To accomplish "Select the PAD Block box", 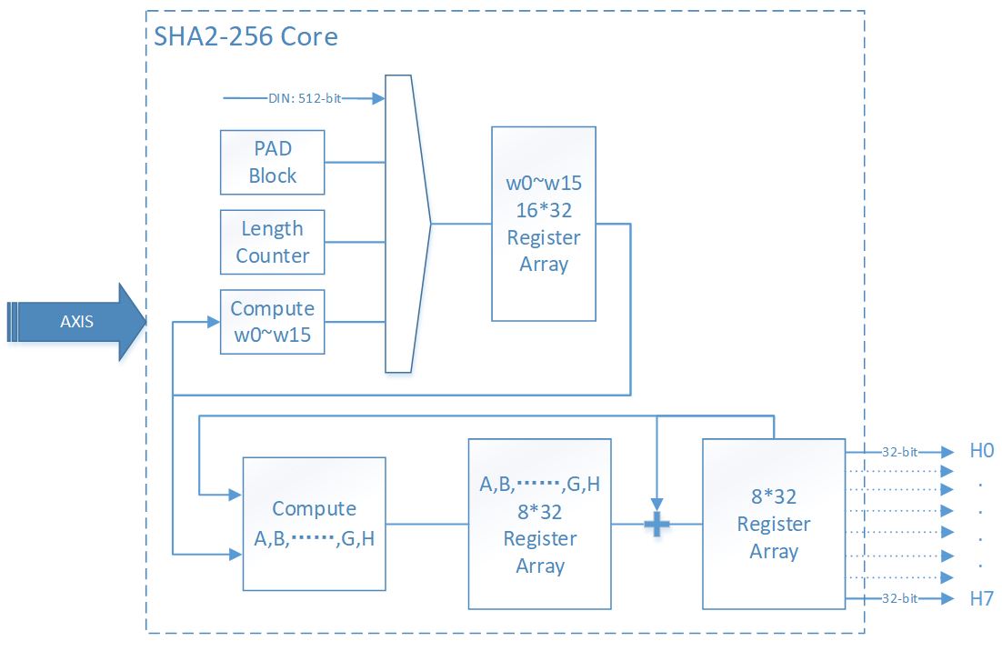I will [x=272, y=162].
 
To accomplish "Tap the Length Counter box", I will [x=272, y=242].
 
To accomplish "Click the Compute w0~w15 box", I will [x=272, y=321].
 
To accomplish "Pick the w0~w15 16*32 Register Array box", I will [x=544, y=224].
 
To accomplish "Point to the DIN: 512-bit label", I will [x=305, y=98].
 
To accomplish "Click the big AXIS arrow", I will [x=77, y=322].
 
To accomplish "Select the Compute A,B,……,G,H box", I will [x=314, y=524].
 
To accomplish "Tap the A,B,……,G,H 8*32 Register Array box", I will [x=539, y=524].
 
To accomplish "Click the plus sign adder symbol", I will [x=656, y=525].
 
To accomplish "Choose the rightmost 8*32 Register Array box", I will [x=774, y=524].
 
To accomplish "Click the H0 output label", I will [x=982, y=450].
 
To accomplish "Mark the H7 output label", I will [x=982, y=598].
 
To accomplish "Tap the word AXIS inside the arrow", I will [x=76, y=322].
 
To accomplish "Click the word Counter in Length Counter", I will [x=272, y=255].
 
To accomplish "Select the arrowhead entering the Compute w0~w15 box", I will [x=215, y=322].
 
